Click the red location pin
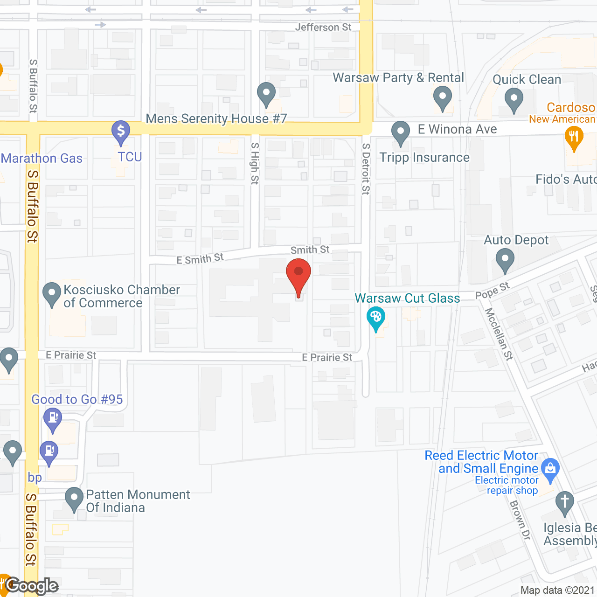click(298, 275)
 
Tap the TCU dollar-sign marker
click(121, 131)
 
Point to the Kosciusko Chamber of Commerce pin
click(51, 294)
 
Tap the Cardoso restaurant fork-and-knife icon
click(574, 138)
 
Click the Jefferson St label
click(323, 27)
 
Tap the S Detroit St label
click(366, 168)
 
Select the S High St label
click(255, 163)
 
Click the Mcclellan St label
click(499, 334)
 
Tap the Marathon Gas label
click(42, 159)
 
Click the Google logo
click(32, 586)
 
